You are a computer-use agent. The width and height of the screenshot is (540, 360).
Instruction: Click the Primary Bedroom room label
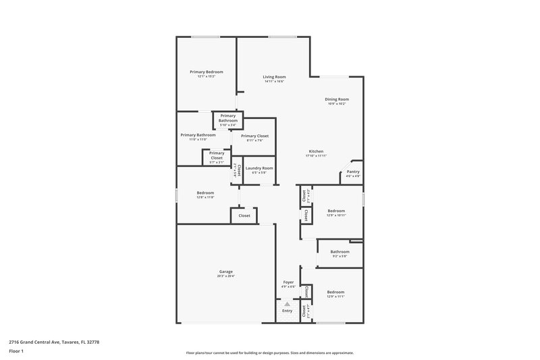point(206,72)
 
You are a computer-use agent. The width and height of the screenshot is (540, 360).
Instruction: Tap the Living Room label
point(274,77)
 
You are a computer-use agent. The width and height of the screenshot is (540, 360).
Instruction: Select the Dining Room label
point(337,99)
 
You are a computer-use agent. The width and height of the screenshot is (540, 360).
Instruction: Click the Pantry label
point(353,172)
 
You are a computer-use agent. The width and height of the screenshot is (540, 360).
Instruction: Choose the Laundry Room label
point(259,168)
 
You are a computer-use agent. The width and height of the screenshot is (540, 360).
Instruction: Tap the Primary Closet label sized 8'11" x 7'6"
point(254,136)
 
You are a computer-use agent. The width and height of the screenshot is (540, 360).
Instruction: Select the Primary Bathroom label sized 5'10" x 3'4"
point(227,118)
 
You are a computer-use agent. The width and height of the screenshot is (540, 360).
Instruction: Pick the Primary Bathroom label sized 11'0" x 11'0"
point(198,135)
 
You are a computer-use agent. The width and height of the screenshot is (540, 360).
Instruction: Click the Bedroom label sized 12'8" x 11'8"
point(205,192)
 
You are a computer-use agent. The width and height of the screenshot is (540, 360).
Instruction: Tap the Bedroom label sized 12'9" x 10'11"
point(335,211)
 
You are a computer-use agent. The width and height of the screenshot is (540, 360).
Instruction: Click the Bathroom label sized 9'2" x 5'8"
point(340,252)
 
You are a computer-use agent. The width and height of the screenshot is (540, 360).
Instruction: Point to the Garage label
point(225,272)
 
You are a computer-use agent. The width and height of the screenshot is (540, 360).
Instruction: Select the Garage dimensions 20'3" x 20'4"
point(225,276)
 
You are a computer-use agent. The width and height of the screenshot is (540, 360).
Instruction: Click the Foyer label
point(288,282)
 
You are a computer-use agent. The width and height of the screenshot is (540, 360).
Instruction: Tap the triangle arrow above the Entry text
point(287,305)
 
